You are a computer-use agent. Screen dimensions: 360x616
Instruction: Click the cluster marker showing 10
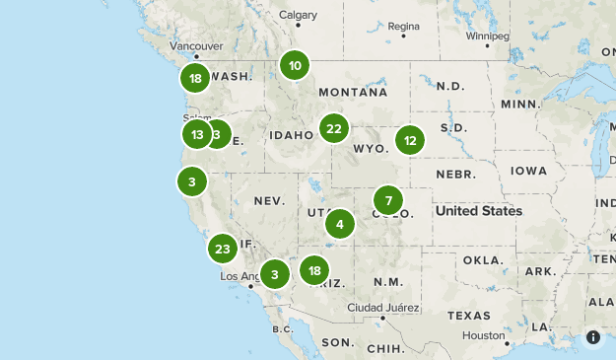pyautogui.click(x=294, y=66)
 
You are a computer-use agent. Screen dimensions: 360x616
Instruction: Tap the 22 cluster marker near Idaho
pyautogui.click(x=334, y=128)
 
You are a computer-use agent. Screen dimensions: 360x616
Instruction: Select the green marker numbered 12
pyautogui.click(x=410, y=140)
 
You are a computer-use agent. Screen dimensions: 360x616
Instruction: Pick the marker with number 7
pyautogui.click(x=388, y=200)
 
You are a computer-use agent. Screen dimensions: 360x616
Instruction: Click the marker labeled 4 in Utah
pyautogui.click(x=340, y=224)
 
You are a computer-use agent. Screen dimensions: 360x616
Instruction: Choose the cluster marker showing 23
pyautogui.click(x=222, y=248)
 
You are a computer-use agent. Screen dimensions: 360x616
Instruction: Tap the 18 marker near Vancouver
pyautogui.click(x=195, y=78)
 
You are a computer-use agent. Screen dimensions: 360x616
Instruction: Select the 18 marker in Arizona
pyautogui.click(x=314, y=269)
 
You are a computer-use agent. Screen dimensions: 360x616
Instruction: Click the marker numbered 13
pyautogui.click(x=197, y=134)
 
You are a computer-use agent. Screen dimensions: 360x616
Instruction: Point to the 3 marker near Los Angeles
pyautogui.click(x=276, y=274)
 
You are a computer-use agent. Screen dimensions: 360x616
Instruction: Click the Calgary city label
pyautogui.click(x=298, y=15)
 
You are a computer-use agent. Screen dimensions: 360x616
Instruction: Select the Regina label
pyautogui.click(x=403, y=26)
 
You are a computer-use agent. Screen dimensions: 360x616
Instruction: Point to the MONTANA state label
pyautogui.click(x=352, y=92)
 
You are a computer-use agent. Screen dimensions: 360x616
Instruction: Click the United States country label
pyautogui.click(x=479, y=211)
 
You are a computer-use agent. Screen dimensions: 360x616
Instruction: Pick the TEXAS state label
pyautogui.click(x=467, y=316)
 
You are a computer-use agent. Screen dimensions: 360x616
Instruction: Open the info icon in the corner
pyautogui.click(x=593, y=337)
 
